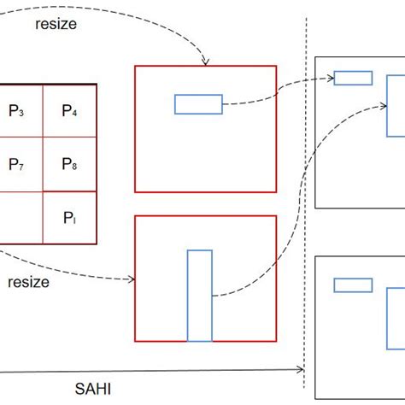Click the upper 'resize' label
pos(56,25)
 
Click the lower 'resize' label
pos(29,281)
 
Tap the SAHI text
pos(92,388)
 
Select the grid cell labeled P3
pos(17,110)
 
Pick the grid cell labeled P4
pos(70,110)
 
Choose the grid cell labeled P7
pos(17,164)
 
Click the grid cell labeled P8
pos(70,164)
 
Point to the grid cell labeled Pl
pos(70,217)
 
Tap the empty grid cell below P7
pos(17,217)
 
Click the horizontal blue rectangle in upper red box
pos(198,104)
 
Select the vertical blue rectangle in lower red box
pos(199,296)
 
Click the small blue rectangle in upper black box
pos(352,79)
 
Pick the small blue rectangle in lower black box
pos(352,285)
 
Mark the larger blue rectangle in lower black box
pos(396,317)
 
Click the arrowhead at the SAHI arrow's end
pos(302,370)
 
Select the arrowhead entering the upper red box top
pos(205,62)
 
